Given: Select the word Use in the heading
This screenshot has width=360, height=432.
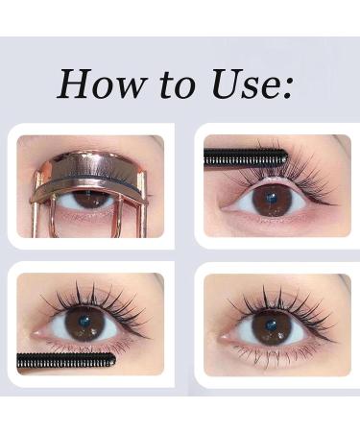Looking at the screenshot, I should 246,84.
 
